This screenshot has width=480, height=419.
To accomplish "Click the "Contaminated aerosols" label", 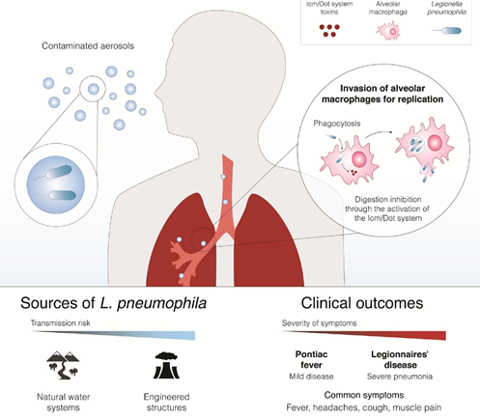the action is pyautogui.click(x=88, y=46).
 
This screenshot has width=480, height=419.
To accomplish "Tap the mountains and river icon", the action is pyautogui.click(x=63, y=365).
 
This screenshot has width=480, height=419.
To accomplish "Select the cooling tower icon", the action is pyautogui.click(x=166, y=365).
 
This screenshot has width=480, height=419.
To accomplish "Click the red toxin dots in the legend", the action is pyautogui.click(x=329, y=31).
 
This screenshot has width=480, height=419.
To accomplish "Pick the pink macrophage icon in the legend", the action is pyautogui.click(x=388, y=31).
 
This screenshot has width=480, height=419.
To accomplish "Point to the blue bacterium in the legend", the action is pyautogui.click(x=447, y=31).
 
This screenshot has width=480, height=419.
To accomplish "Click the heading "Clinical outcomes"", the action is pyautogui.click(x=362, y=303).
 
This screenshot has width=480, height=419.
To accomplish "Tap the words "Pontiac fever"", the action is pyautogui.click(x=311, y=359).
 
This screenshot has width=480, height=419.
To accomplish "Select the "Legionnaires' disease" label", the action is pyautogui.click(x=400, y=359).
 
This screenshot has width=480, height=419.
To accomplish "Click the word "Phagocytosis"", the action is pyautogui.click(x=337, y=124).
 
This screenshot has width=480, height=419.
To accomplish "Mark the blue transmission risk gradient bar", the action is pyautogui.click(x=113, y=335).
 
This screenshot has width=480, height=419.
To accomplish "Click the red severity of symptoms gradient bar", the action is pyautogui.click(x=364, y=335).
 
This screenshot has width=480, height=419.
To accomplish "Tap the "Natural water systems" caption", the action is pyautogui.click(x=63, y=402).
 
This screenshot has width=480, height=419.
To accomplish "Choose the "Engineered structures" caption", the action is pyautogui.click(x=166, y=402).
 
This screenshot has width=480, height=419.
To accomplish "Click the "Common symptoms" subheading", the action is pyautogui.click(x=364, y=395).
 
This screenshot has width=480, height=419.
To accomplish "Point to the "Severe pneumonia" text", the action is pyautogui.click(x=400, y=377).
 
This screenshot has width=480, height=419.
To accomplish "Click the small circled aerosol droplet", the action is pyautogui.click(x=94, y=89).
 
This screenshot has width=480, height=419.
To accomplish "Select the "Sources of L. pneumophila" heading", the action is pyautogui.click(x=113, y=303).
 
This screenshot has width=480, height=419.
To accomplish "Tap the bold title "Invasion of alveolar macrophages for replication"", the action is pyautogui.click(x=382, y=94).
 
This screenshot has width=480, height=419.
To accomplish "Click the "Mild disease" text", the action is pyautogui.click(x=311, y=377).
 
